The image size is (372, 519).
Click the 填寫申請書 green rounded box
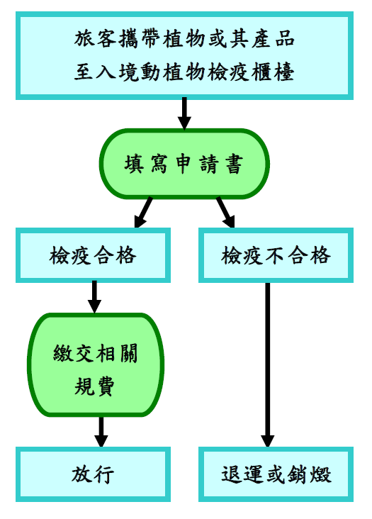[184, 164]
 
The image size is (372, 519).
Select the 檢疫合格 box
[93, 255]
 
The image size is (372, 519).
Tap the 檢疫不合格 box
[276, 255]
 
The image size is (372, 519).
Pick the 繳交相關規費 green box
[96, 364]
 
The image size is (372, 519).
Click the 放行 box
[93, 474]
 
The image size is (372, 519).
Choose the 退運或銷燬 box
[276, 474]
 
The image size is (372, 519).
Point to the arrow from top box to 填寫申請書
[184, 113]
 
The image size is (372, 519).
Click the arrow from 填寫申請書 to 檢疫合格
[143, 213]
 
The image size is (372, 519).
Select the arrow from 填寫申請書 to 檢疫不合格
[225, 213]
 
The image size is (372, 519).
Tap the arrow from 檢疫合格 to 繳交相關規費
[94, 297]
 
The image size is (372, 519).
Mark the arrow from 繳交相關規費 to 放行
[101, 432]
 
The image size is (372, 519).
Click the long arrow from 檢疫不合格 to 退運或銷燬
[268, 364]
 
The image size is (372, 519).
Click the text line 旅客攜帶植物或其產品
[184, 39]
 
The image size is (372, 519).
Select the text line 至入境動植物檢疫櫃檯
[184, 72]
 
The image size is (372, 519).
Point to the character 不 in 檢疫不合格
[275, 255]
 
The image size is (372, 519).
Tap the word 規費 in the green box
[94, 386]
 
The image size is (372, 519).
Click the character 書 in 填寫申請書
[234, 164]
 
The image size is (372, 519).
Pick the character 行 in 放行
[104, 474]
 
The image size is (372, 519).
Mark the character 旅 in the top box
[84, 39]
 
